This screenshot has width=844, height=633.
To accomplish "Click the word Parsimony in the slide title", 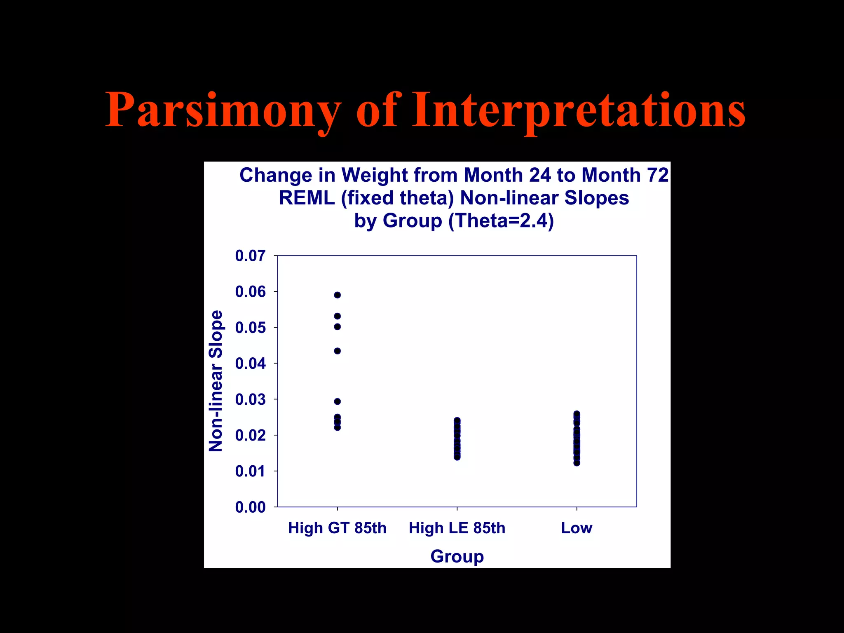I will click(x=223, y=110).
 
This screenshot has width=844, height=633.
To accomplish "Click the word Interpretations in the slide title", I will click(x=579, y=110).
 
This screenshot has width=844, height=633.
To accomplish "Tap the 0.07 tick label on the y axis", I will click(x=250, y=256).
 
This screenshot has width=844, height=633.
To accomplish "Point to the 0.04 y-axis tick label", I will click(x=250, y=363).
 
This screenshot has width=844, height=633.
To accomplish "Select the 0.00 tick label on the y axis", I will click(x=250, y=507).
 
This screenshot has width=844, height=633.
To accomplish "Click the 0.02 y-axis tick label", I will click(x=250, y=435).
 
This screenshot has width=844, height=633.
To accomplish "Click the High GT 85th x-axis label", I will click(x=337, y=528).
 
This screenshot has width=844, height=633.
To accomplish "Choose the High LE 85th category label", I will click(x=457, y=528).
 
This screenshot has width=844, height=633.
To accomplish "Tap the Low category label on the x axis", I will click(x=577, y=528).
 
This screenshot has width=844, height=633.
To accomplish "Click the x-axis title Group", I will click(x=457, y=556).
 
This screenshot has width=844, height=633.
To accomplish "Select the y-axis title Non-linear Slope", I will click(x=216, y=381).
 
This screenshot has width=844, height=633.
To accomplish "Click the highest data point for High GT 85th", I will click(x=338, y=295).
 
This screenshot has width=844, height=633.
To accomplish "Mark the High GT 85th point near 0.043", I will click(x=338, y=351).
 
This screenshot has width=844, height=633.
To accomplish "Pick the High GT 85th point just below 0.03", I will click(x=338, y=401).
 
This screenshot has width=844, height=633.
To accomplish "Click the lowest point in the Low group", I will click(x=577, y=463).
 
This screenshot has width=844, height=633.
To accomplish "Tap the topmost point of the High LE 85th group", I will click(x=457, y=420).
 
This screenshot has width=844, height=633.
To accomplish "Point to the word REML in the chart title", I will click(x=307, y=198).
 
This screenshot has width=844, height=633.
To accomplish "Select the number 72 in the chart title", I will click(x=657, y=175).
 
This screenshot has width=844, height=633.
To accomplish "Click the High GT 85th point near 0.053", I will click(x=338, y=316).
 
